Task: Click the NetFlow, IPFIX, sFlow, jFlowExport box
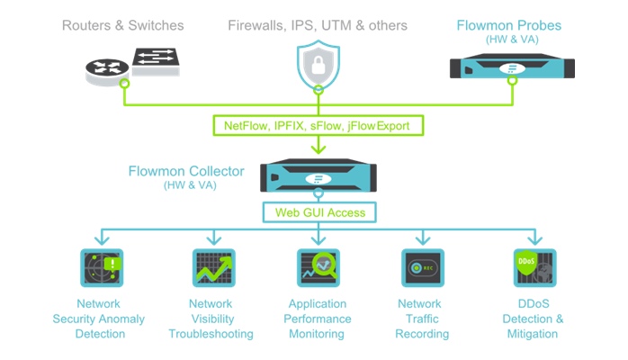[317, 126]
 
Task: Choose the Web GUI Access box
[317, 212]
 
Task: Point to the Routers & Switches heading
[123, 26]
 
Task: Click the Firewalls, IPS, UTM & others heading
[317, 26]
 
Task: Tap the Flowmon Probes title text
[509, 25]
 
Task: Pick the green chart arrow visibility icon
[213, 267]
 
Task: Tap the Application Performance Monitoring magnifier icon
[317, 267]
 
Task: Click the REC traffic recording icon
[421, 267]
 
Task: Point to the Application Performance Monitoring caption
[317, 319]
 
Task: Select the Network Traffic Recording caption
[420, 319]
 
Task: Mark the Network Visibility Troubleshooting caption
[211, 319]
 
